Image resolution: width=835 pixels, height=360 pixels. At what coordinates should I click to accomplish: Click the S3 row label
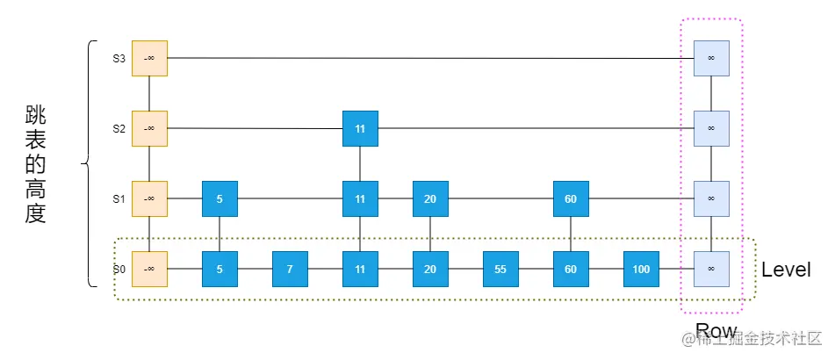click(x=119, y=59)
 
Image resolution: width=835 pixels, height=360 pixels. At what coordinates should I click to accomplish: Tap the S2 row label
click(x=119, y=128)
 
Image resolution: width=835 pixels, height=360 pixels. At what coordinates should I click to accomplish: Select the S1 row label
click(x=119, y=198)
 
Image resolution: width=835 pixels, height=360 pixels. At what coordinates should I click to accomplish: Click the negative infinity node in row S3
click(x=149, y=58)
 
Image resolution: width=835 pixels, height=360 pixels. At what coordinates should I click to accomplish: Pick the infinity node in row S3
click(x=710, y=58)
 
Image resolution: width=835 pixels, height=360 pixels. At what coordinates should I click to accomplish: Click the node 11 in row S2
click(x=360, y=128)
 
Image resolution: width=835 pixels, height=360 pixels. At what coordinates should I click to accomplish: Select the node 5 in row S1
click(x=220, y=198)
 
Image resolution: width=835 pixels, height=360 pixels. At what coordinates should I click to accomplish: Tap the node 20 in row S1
click(x=430, y=198)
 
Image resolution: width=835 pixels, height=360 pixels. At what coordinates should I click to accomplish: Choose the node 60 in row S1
click(x=571, y=198)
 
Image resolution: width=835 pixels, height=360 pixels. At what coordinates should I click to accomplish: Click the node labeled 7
click(x=290, y=269)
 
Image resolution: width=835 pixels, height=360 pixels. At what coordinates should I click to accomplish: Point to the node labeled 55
click(x=500, y=269)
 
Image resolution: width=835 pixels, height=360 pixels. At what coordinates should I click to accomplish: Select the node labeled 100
click(x=641, y=269)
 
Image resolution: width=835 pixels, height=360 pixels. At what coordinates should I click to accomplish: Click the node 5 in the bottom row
click(x=220, y=269)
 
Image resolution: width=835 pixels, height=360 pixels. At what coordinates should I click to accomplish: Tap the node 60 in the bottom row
click(x=571, y=269)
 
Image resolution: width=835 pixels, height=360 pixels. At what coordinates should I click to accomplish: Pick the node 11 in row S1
click(x=360, y=198)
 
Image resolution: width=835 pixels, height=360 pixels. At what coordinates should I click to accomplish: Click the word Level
click(x=785, y=270)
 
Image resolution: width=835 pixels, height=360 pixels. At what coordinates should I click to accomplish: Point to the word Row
click(x=715, y=331)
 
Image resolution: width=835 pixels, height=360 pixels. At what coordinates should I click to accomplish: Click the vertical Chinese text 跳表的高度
click(x=35, y=165)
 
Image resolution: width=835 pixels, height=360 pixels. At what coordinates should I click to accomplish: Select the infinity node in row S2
click(x=710, y=128)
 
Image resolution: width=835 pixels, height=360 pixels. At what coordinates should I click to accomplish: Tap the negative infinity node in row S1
click(x=149, y=198)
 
